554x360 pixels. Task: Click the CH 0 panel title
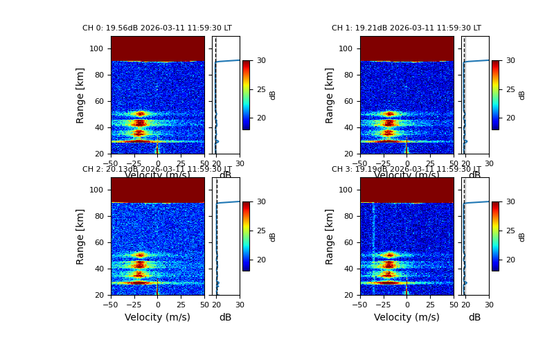tap(157, 28)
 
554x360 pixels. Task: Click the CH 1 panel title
tap(406, 28)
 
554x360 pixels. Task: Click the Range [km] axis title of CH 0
tap(80, 95)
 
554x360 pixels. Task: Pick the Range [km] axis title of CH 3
tap(330, 236)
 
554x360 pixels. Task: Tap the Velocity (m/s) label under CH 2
tap(157, 317)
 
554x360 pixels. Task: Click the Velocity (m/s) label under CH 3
tap(406, 317)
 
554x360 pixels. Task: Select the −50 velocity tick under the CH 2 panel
tap(111, 304)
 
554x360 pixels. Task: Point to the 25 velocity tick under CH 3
tap(431, 304)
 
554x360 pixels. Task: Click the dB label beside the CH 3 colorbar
tap(522, 236)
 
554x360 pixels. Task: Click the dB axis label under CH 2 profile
tap(225, 317)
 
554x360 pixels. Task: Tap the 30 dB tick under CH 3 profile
tap(489, 304)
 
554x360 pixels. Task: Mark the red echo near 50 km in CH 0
tap(141, 114)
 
